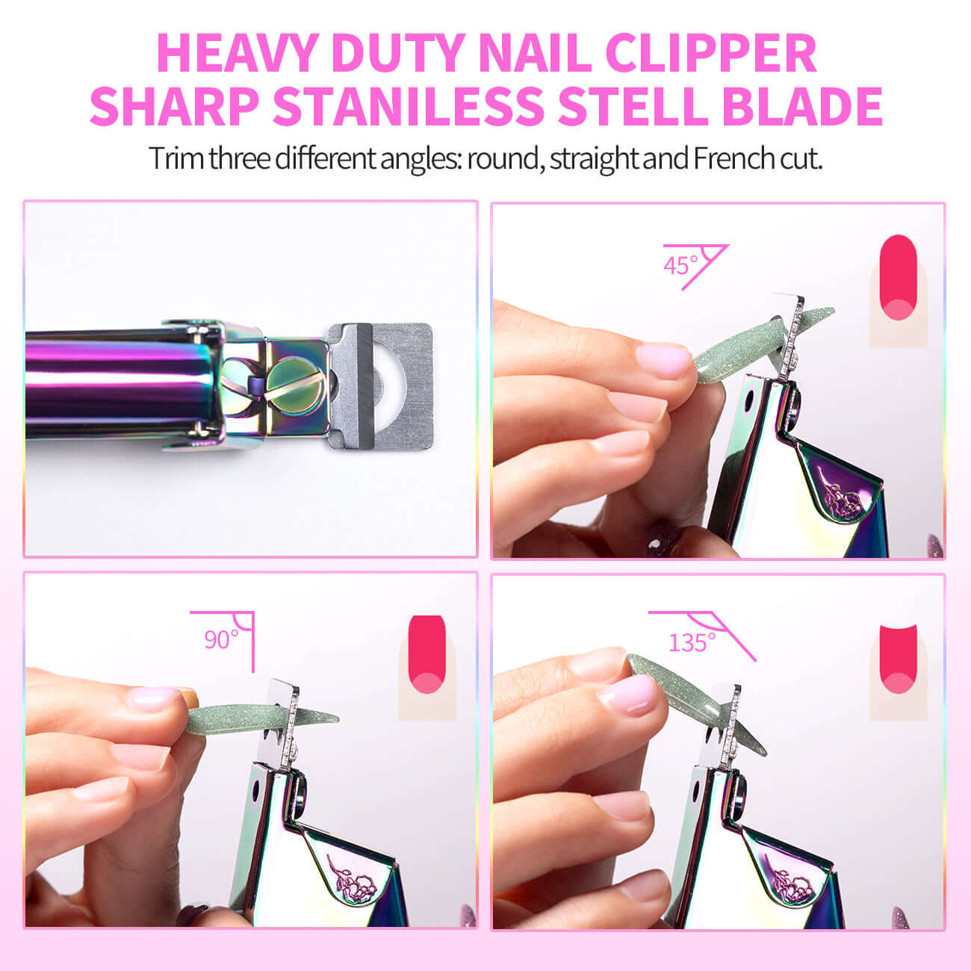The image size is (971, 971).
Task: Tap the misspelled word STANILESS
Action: pyautogui.click(x=408, y=106)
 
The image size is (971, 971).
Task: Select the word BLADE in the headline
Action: pyautogui.click(x=802, y=106)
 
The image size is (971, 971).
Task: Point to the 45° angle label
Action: pyautogui.click(x=680, y=265)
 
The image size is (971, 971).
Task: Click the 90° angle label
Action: pyautogui.click(x=221, y=639)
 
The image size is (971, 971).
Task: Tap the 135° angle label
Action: pyautogui.click(x=692, y=642)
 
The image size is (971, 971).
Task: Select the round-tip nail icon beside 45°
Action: pyautogui.click(x=898, y=291)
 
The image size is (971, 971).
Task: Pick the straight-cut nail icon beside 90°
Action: pyautogui.click(x=426, y=667)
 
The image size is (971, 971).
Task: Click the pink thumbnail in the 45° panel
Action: pyautogui.click(x=664, y=360)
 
